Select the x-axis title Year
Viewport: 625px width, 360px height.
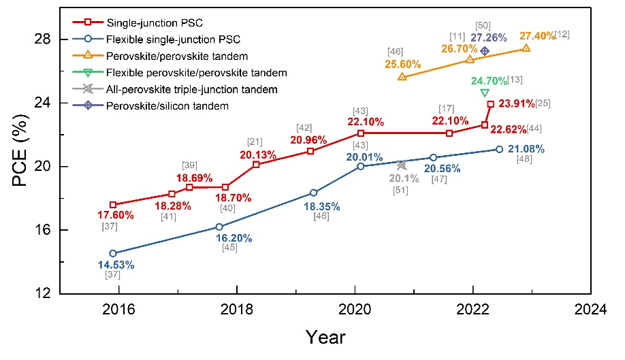pos(325,337)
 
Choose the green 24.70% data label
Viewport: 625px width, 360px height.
pos(489,81)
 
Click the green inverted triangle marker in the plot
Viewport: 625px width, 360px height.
pos(485,93)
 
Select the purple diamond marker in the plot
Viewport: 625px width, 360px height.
pos(485,51)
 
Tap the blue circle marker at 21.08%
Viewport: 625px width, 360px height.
pos(499,149)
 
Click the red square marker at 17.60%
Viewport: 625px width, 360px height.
pos(113,205)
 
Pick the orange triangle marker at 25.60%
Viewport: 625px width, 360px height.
pos(402,77)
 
